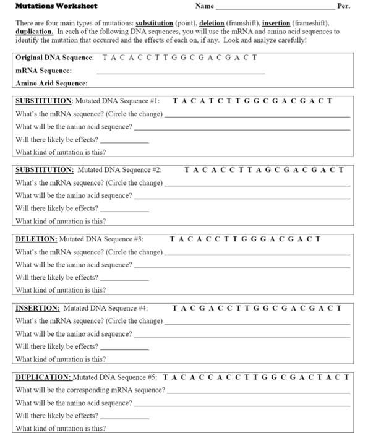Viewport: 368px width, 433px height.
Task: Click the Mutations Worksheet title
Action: pyautogui.click(x=56, y=6)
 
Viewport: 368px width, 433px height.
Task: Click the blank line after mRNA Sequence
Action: pyautogui.click(x=181, y=73)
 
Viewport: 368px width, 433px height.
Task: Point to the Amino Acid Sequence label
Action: pyautogui.click(x=51, y=83)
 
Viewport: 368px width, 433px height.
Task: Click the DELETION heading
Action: pyautogui.click(x=35, y=238)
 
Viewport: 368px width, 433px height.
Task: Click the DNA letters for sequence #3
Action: pyautogui.click(x=245, y=238)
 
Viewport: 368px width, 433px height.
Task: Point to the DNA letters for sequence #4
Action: pyautogui.click(x=257, y=307)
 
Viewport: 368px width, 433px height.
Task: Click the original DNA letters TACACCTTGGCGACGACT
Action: pyautogui.click(x=179, y=58)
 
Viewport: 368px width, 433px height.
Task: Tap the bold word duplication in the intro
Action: pyautogui.click(x=33, y=31)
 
